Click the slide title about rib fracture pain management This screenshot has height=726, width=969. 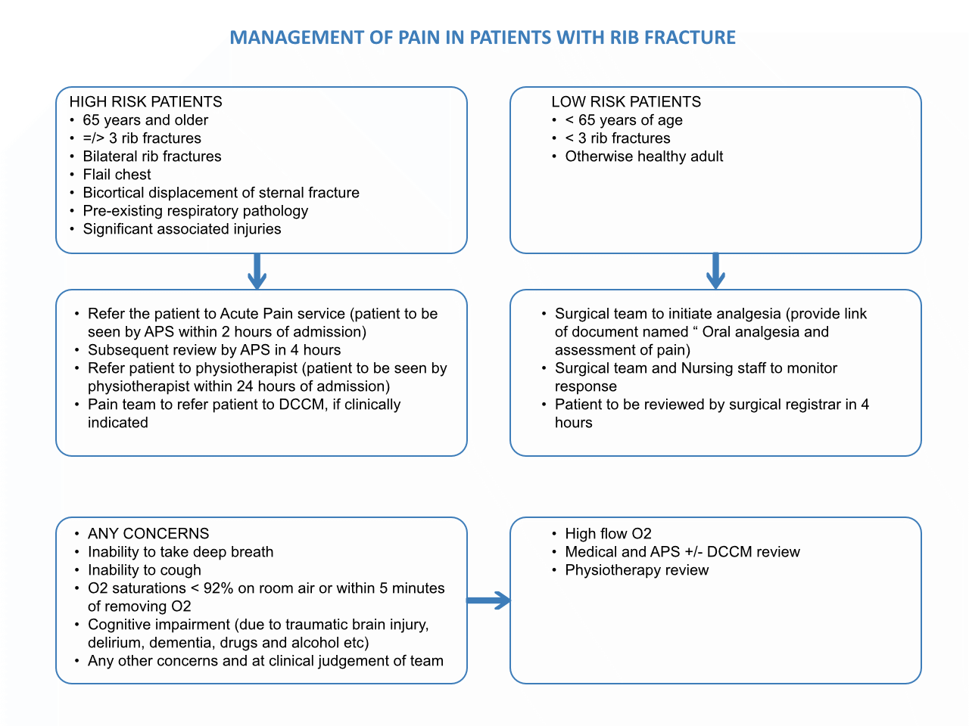coord(482,38)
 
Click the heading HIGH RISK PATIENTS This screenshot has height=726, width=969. coord(145,102)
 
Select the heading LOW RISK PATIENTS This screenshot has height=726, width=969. coord(626,102)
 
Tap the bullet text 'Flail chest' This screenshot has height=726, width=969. coord(117,175)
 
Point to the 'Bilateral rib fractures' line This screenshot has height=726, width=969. coord(151,157)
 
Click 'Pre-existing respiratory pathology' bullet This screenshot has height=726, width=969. coord(195,211)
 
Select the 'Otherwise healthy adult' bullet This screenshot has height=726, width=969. coord(643,157)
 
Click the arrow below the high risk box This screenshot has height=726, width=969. coord(257,271)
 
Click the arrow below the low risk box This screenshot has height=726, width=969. coord(715,271)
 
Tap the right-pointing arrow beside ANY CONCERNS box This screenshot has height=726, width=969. coord(488,601)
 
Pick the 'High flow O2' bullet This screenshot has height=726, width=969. coord(608,534)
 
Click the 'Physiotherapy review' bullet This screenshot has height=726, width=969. coord(637,570)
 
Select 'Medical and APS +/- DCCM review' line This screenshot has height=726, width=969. coord(682,552)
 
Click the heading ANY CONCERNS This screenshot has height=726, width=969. coord(148,534)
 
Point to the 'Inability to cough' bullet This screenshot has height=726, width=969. coord(145,570)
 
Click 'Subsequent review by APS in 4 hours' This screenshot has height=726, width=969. coord(214,350)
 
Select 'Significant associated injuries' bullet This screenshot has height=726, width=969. coord(182,229)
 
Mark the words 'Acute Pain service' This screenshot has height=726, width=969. coord(282,314)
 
